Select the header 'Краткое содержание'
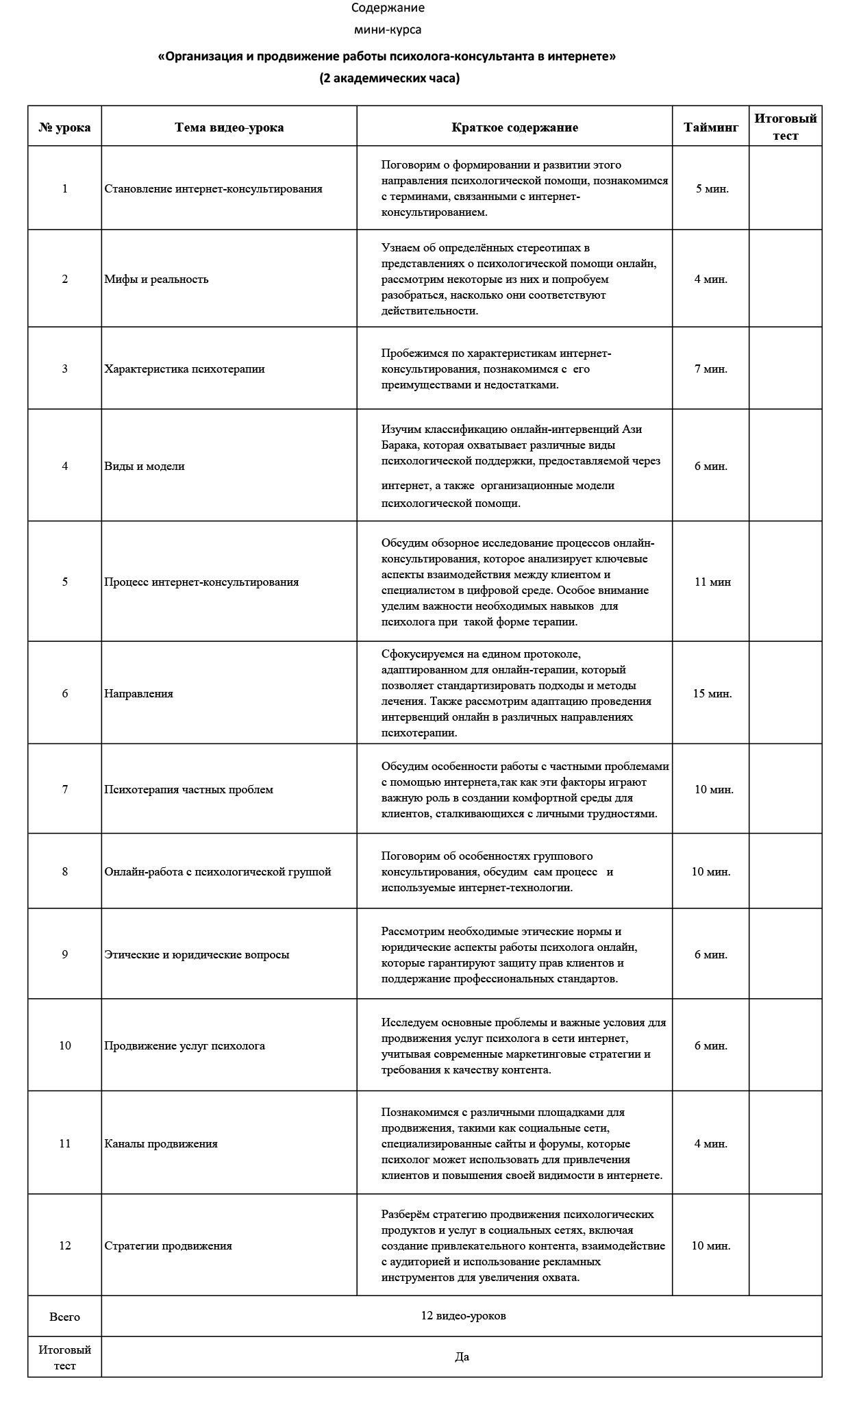514,127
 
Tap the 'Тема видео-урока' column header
229,127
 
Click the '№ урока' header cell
64,127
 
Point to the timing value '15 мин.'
712,693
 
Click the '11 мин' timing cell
712,582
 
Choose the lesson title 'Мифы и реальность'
156,279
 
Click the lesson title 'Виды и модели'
145,466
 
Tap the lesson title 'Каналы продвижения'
161,1143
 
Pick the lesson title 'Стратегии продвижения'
168,1245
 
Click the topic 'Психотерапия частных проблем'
188,789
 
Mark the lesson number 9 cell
65,954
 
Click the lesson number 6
65,693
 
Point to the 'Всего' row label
64,1317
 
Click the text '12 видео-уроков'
464,1316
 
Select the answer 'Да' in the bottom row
462,1356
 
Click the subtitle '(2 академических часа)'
389,78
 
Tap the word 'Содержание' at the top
388,8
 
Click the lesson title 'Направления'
138,693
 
